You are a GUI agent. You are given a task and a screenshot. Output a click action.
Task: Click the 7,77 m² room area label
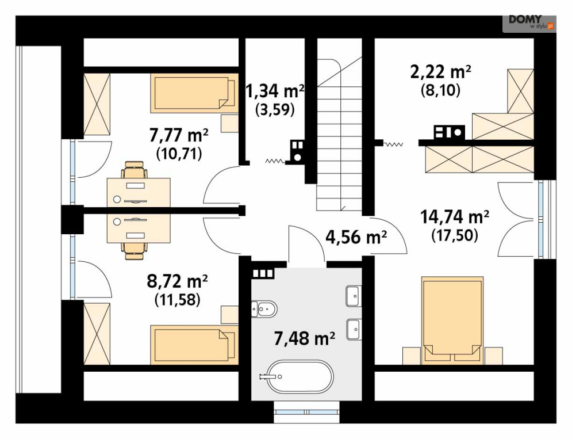tap(179, 136)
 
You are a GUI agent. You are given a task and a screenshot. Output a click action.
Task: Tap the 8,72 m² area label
tap(177, 281)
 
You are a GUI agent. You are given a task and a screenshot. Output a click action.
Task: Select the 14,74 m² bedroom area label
tap(455, 217)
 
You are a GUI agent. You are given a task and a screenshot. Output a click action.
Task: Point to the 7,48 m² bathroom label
tap(304, 338)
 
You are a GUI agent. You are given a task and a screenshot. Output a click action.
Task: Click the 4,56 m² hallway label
tap(356, 238)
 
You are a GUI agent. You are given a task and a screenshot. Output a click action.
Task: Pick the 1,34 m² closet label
tap(275, 91)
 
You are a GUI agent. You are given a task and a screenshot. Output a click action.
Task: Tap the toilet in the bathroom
tap(264, 310)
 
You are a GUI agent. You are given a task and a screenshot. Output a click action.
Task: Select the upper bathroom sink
tap(352, 296)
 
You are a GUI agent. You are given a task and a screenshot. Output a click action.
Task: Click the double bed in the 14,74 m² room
tap(452, 320)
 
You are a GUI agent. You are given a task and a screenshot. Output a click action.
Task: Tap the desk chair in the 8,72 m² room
tap(135, 250)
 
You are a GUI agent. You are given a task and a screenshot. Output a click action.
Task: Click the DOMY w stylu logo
tap(529, 22)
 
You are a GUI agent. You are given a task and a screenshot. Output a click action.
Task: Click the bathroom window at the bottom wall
tap(307, 412)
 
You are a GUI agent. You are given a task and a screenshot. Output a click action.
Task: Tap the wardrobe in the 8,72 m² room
tap(97, 334)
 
